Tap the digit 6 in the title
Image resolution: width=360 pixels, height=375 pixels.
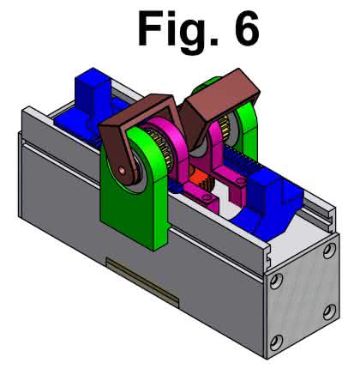tap(247, 29)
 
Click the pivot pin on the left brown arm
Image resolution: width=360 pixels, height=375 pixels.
tap(123, 171)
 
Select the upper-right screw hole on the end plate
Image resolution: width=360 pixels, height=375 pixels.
tap(329, 250)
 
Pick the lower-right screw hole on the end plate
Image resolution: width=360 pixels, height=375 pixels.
tap(330, 312)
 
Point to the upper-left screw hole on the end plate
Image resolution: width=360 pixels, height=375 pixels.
tap(276, 281)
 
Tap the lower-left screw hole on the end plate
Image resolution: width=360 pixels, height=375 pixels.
tap(277, 342)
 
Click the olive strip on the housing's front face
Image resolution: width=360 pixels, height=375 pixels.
tap(142, 281)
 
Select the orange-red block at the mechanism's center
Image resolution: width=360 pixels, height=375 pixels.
tap(196, 178)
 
